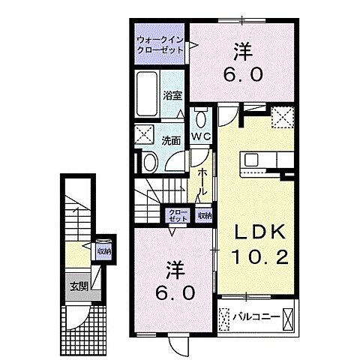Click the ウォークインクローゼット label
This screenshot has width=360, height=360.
160,44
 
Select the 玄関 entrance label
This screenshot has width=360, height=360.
79,286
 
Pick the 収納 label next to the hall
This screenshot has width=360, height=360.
204,215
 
